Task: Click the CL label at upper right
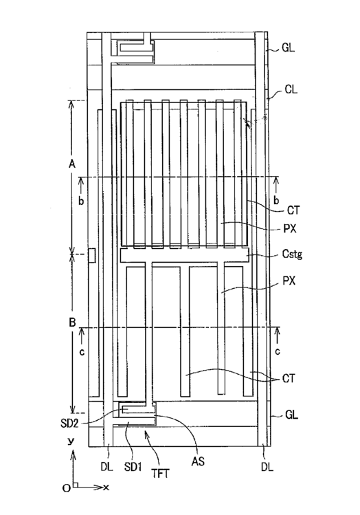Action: click(x=291, y=89)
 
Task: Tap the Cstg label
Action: click(x=292, y=254)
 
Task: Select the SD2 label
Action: click(x=69, y=424)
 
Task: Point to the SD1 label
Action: click(x=133, y=467)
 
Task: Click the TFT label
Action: click(x=161, y=473)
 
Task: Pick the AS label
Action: click(x=198, y=461)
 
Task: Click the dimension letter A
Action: click(x=72, y=164)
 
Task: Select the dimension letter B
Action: click(x=73, y=322)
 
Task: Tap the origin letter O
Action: click(x=67, y=488)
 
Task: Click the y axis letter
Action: click(x=71, y=441)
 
